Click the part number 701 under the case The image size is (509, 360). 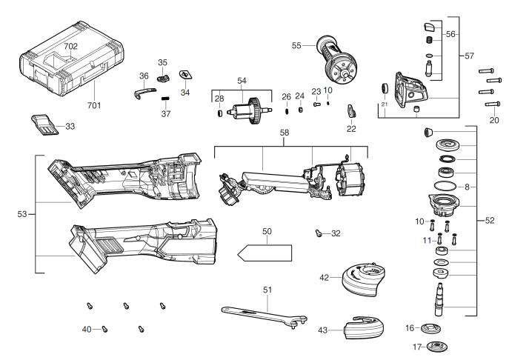pyautogui.click(x=94, y=105)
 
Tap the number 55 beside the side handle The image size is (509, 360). pyautogui.click(x=296, y=45)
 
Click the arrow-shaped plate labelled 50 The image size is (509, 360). pyautogui.click(x=265, y=253)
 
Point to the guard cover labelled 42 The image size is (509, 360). pyautogui.click(x=364, y=280)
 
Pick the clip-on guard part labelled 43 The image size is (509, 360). pyautogui.click(x=364, y=328)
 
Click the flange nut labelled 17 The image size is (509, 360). pyautogui.click(x=436, y=347)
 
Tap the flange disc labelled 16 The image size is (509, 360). pyautogui.click(x=430, y=328)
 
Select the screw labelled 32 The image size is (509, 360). pyautogui.click(x=319, y=233)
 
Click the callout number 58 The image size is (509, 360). pyautogui.click(x=285, y=133)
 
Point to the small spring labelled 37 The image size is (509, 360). pyautogui.click(x=166, y=99)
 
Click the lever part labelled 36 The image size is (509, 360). pyautogui.click(x=144, y=93)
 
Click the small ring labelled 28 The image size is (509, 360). pyautogui.click(x=219, y=113)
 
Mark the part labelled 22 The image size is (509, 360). pyautogui.click(x=352, y=110)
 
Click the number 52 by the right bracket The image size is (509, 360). pyautogui.click(x=490, y=221)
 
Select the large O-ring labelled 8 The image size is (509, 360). pyautogui.click(x=445, y=187)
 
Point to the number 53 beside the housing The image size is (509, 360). pyautogui.click(x=22, y=214)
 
